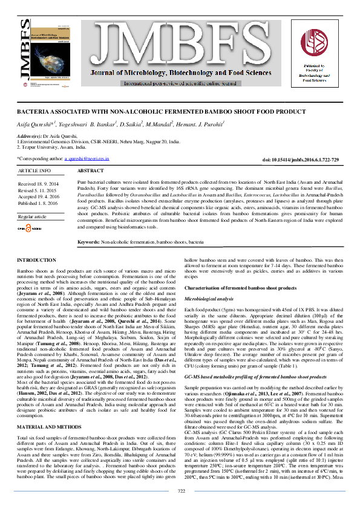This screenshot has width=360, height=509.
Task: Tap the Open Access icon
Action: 28,229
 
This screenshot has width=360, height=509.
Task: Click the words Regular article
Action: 32,216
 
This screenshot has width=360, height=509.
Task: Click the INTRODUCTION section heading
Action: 36,259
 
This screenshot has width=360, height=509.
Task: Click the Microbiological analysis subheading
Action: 209,299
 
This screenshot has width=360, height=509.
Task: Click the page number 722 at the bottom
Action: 180,491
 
